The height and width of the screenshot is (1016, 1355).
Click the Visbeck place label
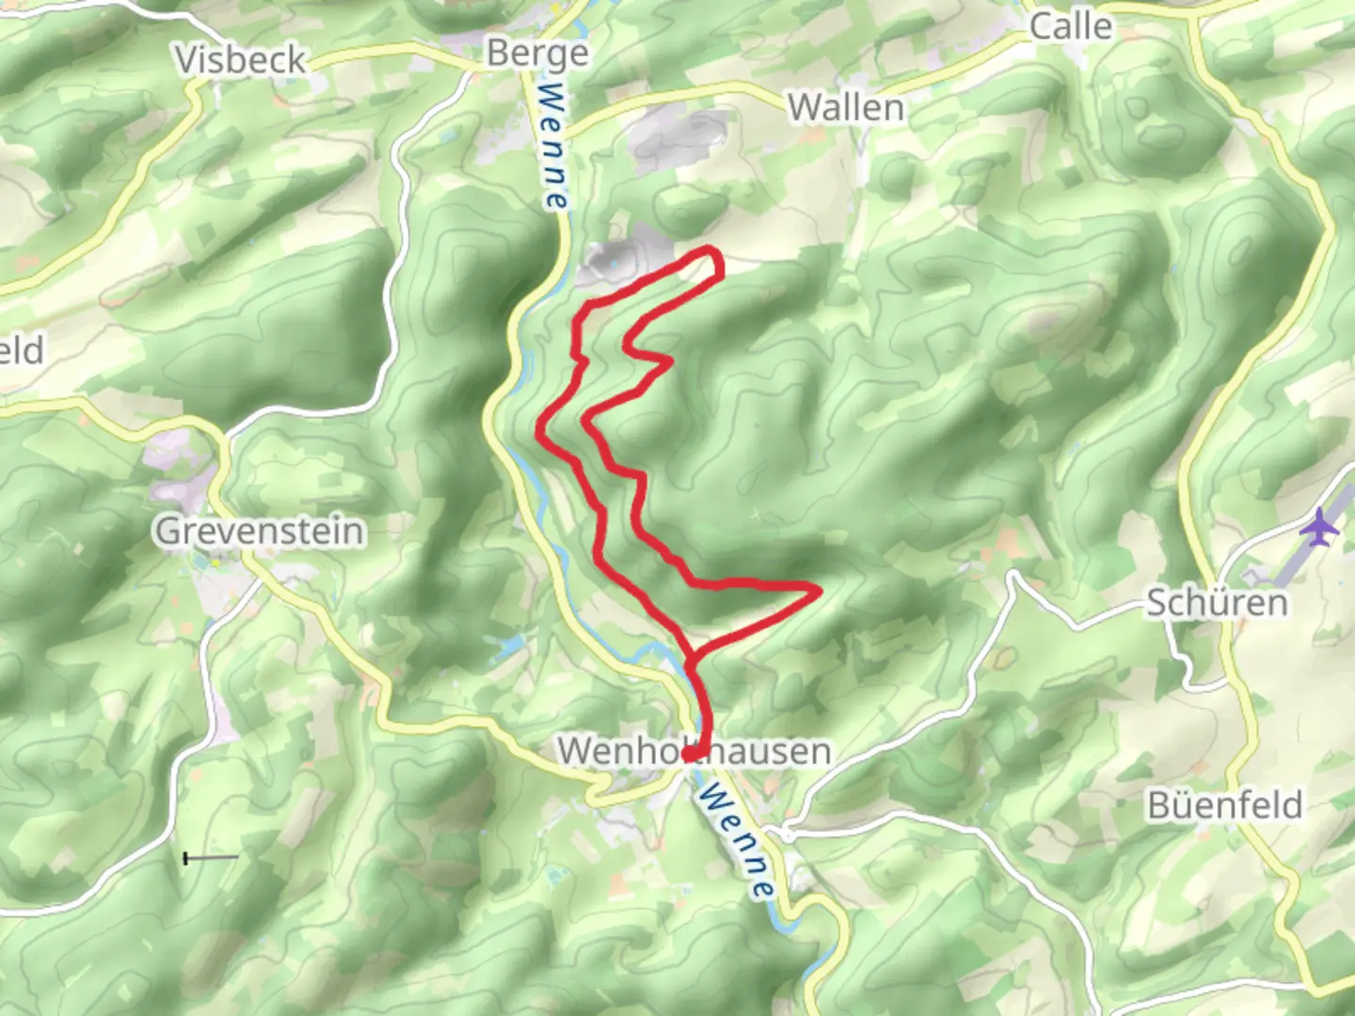(241, 60)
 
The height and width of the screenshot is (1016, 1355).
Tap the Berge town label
(537, 54)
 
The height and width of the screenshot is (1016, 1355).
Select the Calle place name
(1071, 26)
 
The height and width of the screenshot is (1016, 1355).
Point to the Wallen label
(846, 107)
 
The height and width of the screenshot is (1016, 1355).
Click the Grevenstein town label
(260, 531)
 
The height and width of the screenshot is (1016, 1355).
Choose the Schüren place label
(1216, 602)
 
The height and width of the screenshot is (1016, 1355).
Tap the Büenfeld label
(1224, 805)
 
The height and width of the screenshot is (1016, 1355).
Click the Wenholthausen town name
(694, 751)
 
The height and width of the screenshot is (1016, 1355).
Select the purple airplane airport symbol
(1319, 527)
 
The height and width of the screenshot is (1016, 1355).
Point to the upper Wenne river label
(554, 147)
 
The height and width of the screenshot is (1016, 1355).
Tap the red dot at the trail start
(689, 754)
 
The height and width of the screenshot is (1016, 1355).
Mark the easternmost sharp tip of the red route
(819, 590)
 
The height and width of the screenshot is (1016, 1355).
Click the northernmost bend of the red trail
(710, 249)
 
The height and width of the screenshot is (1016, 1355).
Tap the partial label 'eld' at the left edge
(21, 351)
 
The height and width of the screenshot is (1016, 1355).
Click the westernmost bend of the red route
(540, 429)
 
